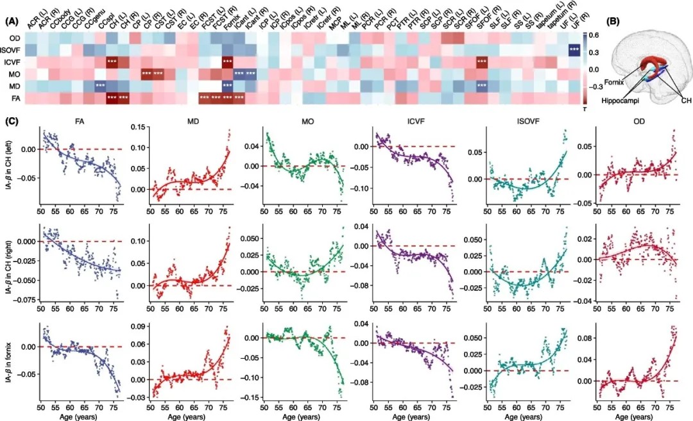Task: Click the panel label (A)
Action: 12,21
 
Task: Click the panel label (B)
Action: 613,21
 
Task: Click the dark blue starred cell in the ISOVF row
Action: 574,51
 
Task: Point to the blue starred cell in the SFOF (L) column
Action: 482,86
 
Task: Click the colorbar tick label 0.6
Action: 595,35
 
